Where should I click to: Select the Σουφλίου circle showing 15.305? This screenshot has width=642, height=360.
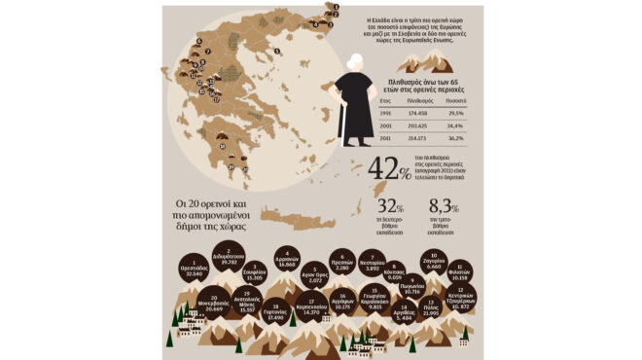256,275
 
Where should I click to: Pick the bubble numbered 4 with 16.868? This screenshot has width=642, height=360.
287,259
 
